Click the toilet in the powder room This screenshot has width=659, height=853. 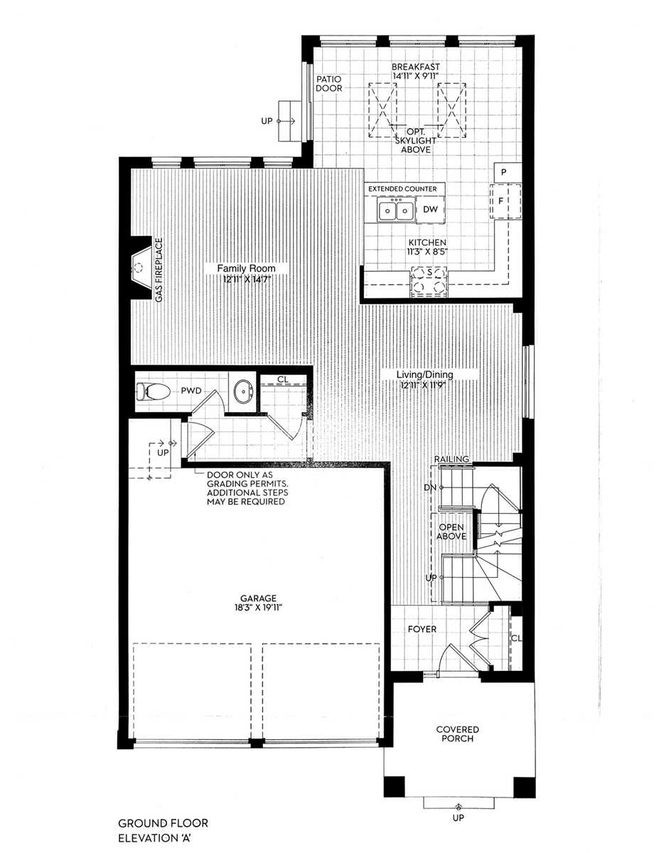click(154, 390)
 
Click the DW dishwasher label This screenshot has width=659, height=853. click(430, 210)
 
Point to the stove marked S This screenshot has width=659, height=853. click(429, 280)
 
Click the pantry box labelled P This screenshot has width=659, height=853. click(503, 172)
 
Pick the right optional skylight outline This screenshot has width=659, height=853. click(452, 110)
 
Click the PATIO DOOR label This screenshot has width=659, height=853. click(329, 84)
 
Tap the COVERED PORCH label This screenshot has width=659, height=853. click(458, 734)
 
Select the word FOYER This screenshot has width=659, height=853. click(422, 629)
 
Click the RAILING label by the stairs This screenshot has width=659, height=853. click(452, 459)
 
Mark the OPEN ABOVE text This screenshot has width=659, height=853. click(452, 532)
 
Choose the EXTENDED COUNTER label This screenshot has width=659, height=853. click(402, 188)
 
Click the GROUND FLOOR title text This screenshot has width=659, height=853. click(164, 823)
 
